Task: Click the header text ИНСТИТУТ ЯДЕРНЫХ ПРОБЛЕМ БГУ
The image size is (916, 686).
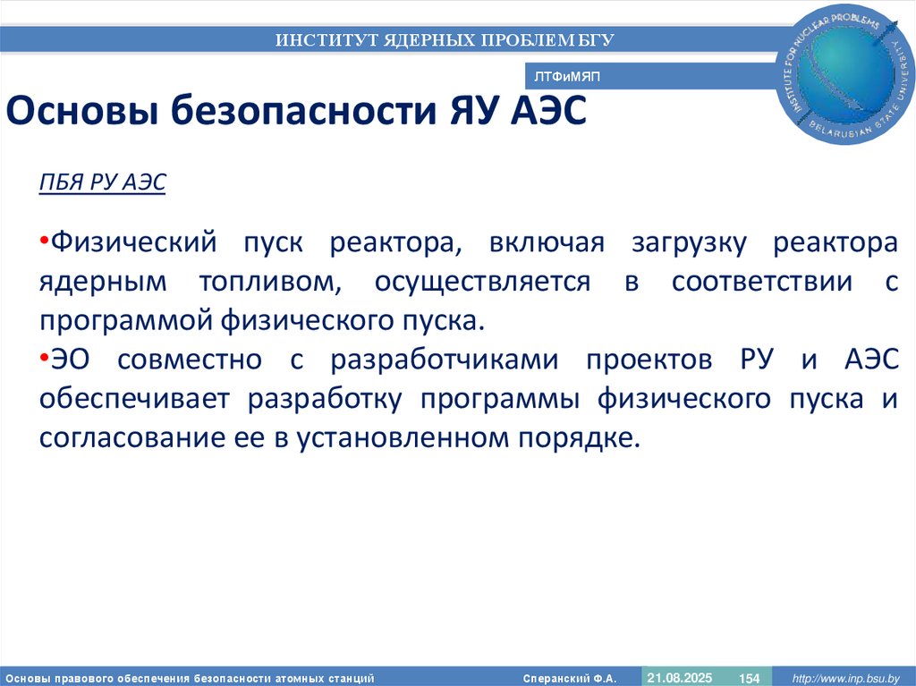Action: coord(445,39)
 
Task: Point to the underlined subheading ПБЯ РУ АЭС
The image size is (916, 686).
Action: coord(103,183)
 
